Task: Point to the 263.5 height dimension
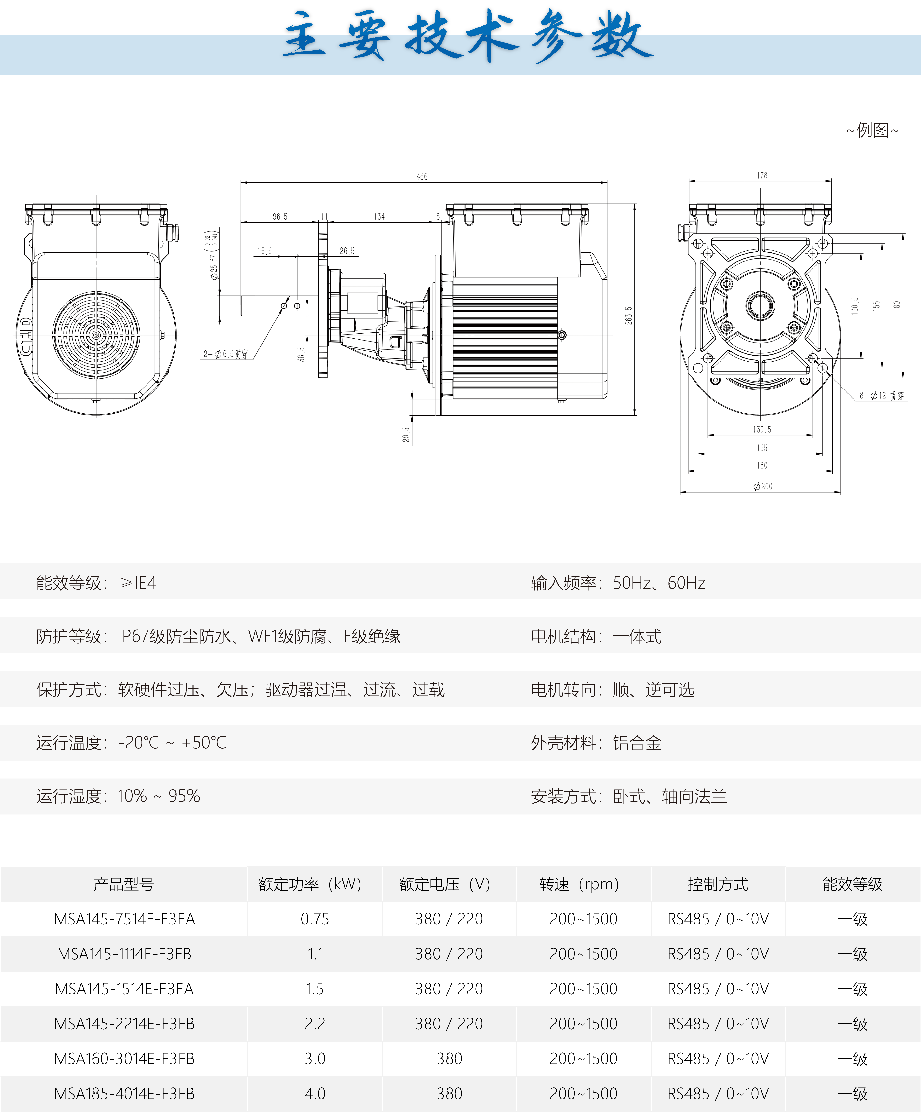629,316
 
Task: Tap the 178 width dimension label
761,175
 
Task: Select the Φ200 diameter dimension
763,486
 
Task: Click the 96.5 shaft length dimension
280,216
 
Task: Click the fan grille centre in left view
96,335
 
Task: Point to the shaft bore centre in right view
761,306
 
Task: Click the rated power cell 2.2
315,1024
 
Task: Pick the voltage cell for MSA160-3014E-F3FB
449,1058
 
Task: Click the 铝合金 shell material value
637,743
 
